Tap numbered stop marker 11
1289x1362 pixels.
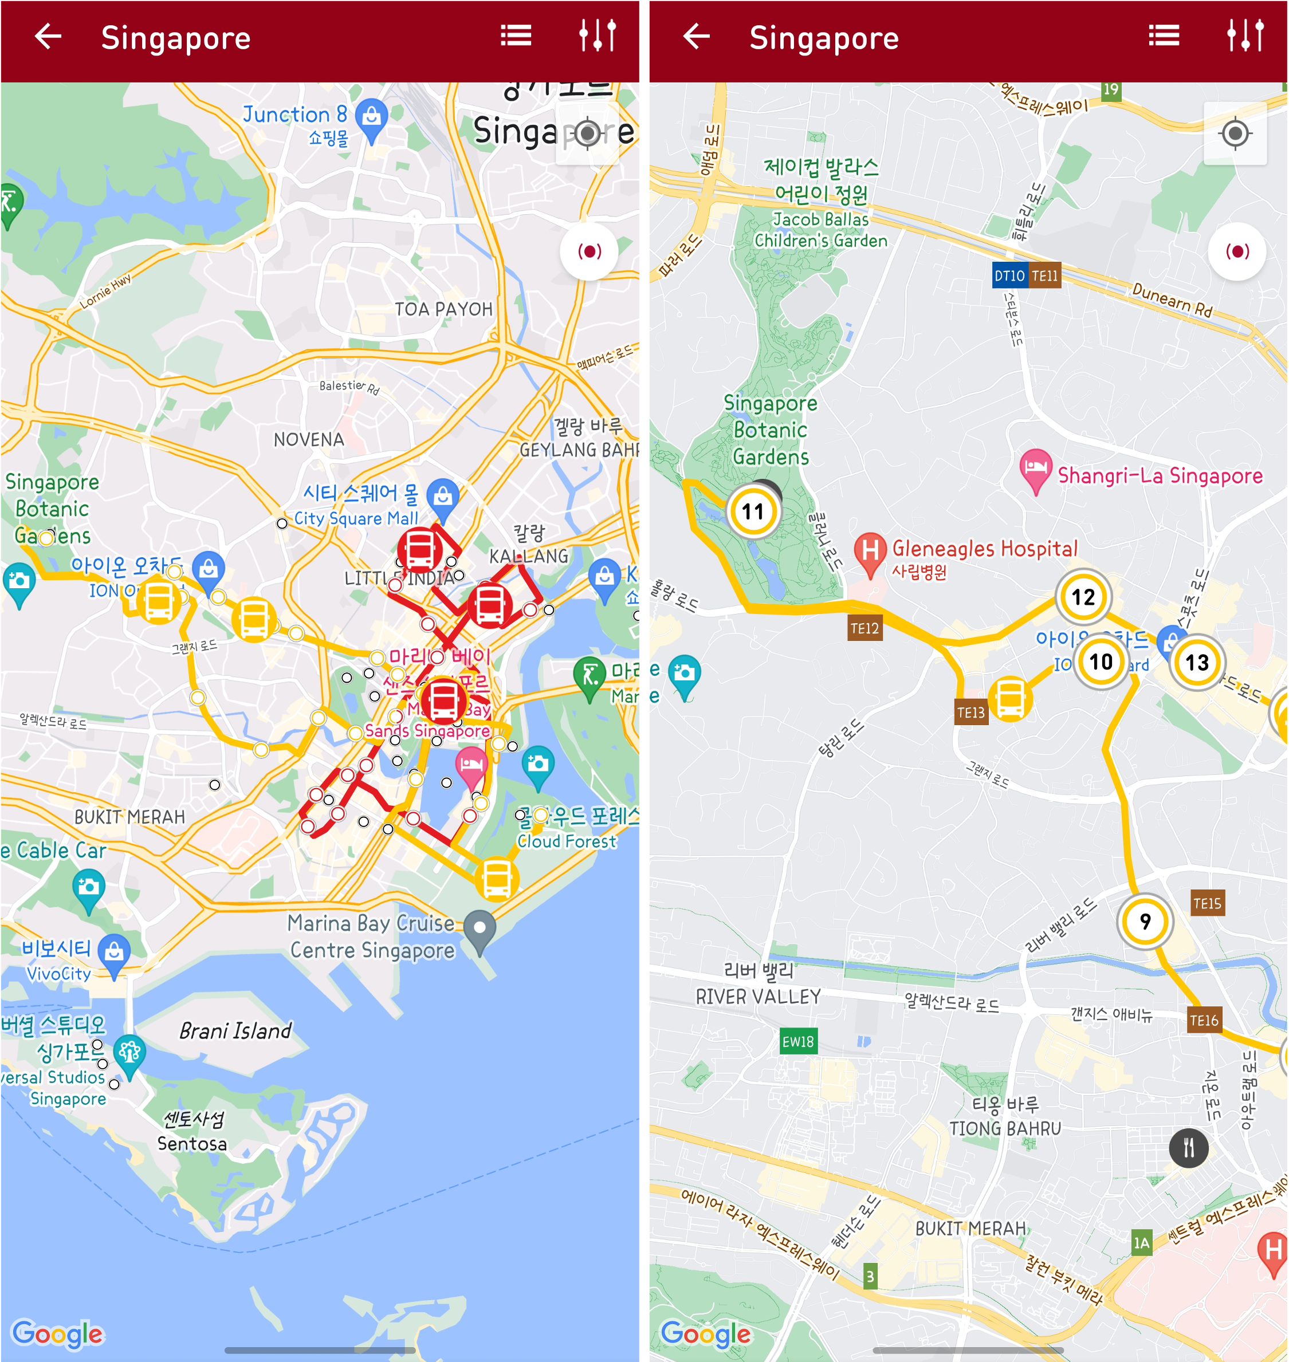tap(753, 511)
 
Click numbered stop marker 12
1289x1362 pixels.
tap(1083, 597)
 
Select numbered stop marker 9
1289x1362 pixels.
tap(1145, 921)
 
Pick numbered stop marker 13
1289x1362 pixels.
tap(1197, 663)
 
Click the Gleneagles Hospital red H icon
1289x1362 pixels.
tap(870, 551)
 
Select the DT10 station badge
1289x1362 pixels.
tap(1009, 276)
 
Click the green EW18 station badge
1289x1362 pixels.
tap(797, 1042)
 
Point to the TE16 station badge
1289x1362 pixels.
tap(1204, 1021)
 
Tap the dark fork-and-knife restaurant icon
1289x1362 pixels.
tap(1189, 1148)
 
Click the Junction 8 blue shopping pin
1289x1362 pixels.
tap(372, 118)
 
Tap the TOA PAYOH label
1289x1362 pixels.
tap(443, 310)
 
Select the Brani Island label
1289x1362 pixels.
tap(235, 1031)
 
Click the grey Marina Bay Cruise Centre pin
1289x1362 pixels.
tap(480, 928)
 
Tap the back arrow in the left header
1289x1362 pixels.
tap(48, 37)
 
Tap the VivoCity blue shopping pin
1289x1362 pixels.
tap(114, 952)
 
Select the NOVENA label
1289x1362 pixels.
tap(309, 439)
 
